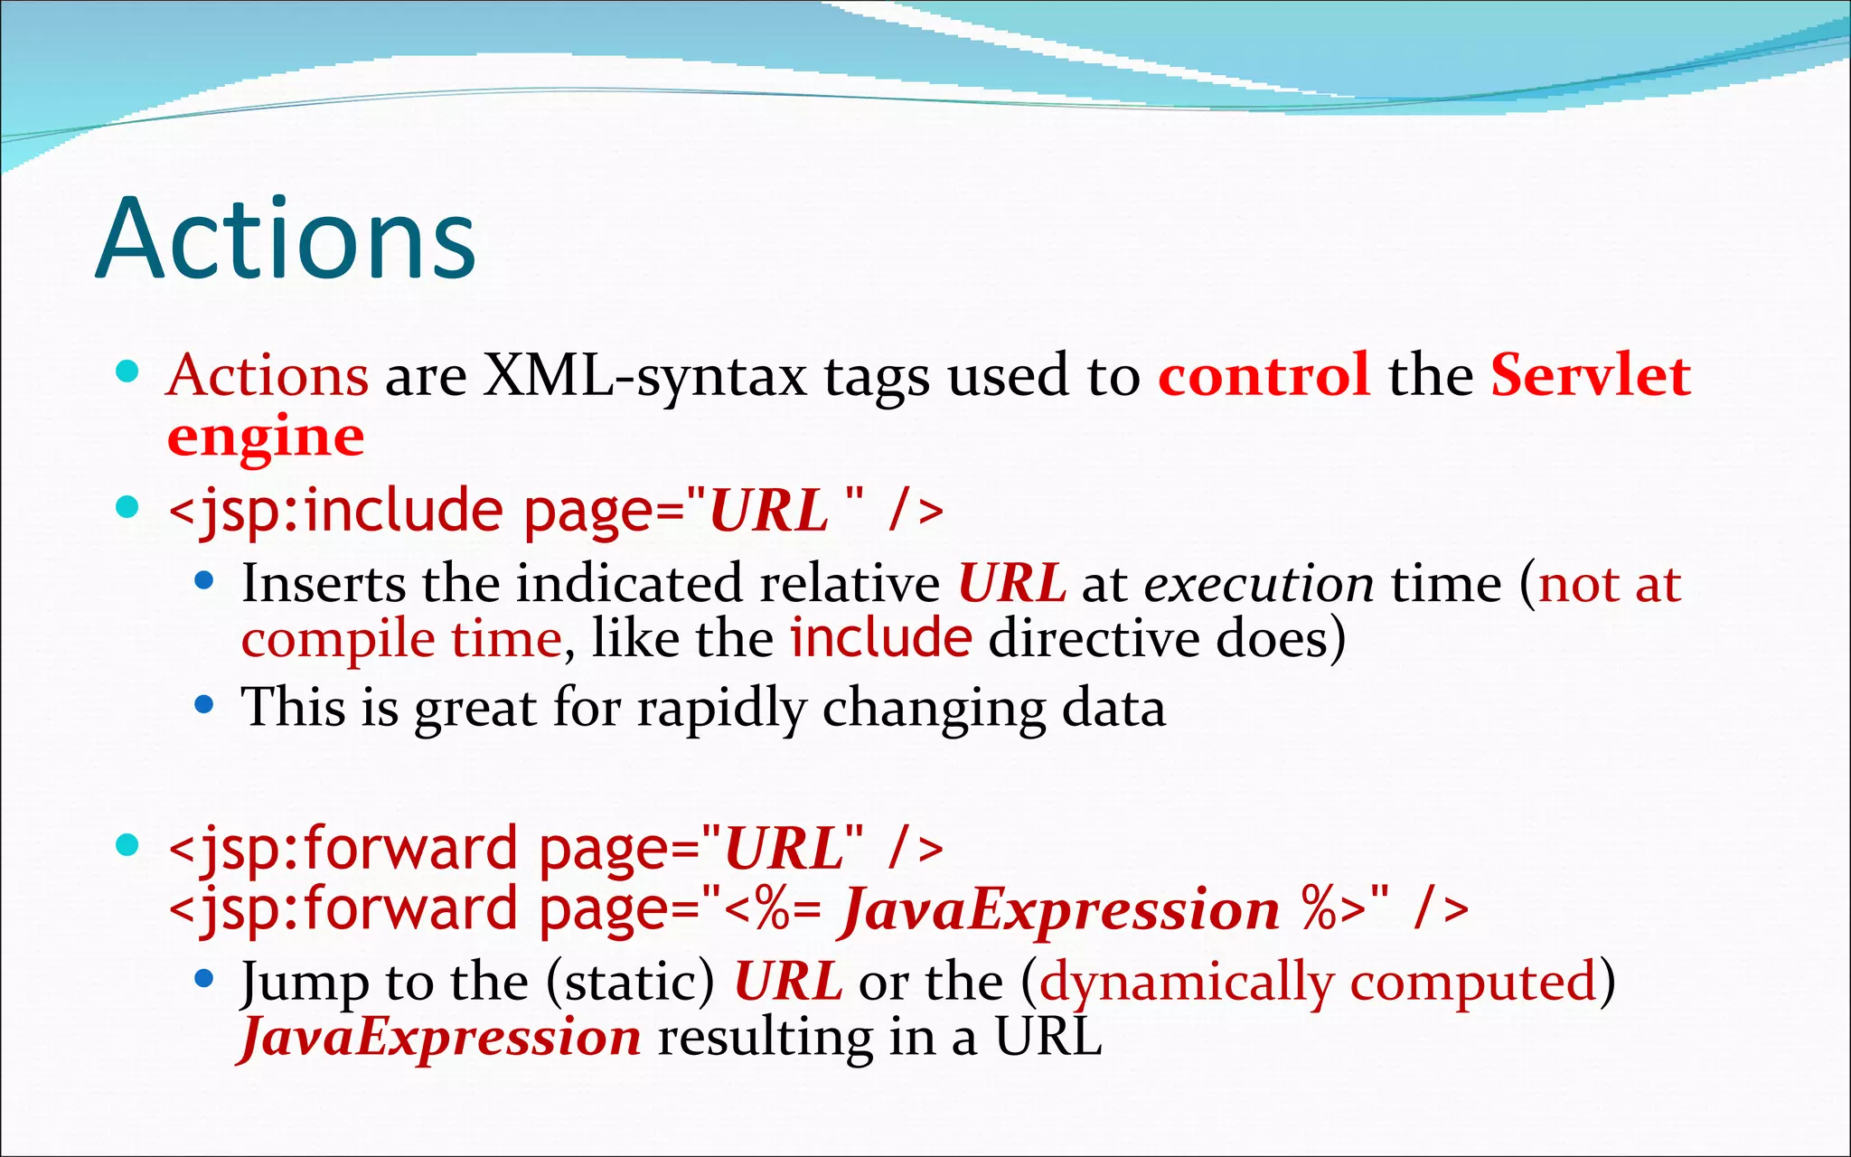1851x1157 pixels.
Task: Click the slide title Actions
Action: click(x=286, y=239)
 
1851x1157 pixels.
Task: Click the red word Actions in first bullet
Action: click(x=268, y=375)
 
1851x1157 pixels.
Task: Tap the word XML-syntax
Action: click(x=644, y=375)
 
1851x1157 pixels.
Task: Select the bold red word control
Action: click(x=1264, y=375)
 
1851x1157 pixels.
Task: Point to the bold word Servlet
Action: click(x=1591, y=375)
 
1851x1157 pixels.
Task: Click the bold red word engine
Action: click(x=266, y=438)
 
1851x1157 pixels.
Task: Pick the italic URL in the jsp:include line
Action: click(x=768, y=511)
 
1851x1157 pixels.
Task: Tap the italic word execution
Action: click(x=1258, y=584)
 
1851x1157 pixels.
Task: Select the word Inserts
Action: click(x=324, y=584)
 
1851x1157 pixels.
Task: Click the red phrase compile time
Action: click(x=402, y=640)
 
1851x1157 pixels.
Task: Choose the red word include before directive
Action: click(x=880, y=638)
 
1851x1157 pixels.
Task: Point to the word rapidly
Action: click(x=721, y=708)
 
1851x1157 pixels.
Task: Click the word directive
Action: click(x=1094, y=640)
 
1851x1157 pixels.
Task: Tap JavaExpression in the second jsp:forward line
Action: click(x=1059, y=909)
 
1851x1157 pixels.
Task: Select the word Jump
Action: click(x=304, y=983)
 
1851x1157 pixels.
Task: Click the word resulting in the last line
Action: click(x=765, y=1038)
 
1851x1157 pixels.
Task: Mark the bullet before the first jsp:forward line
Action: click(x=127, y=845)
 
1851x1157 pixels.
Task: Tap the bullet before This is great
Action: click(x=204, y=704)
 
